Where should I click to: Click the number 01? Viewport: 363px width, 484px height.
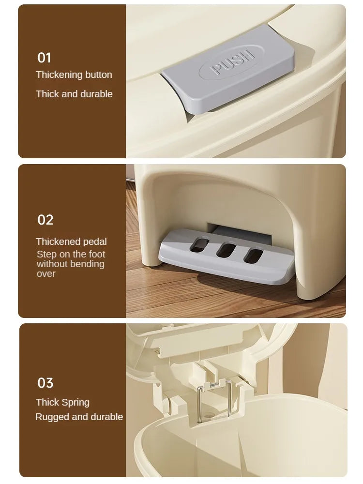coord(44,58)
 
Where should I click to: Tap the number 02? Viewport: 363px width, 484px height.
coord(45,220)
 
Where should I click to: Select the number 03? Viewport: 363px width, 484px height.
coord(45,383)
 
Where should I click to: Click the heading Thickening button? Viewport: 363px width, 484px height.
coord(74,75)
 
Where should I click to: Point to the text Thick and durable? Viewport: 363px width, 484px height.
coord(74,94)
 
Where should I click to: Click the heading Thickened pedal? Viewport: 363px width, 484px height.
coord(71,242)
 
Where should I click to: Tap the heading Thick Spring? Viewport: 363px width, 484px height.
coord(62,402)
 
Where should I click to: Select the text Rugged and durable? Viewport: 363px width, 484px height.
coord(79,417)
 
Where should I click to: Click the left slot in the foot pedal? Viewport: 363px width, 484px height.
coord(198,244)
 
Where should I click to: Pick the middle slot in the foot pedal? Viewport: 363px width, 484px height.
coord(225,250)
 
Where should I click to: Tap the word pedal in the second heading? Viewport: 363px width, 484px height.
coord(95,242)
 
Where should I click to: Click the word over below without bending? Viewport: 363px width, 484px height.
coord(46,273)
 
